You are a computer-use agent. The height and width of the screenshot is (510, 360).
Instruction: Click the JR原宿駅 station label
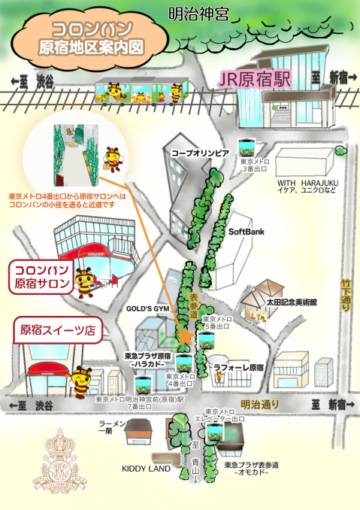click(x=255, y=77)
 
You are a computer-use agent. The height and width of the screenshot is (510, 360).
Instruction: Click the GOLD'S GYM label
click(x=146, y=308)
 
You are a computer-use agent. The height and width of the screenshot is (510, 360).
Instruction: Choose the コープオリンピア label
click(x=199, y=153)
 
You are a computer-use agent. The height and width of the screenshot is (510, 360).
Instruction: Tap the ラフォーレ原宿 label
click(x=239, y=368)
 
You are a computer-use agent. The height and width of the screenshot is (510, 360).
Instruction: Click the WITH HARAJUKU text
click(x=309, y=183)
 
